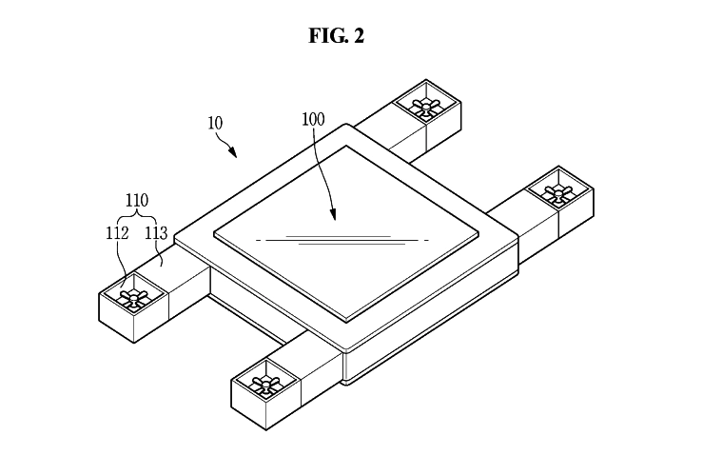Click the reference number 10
point(216,124)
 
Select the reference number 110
point(138,201)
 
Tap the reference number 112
point(119,231)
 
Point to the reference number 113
point(157,231)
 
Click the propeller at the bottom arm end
point(264,385)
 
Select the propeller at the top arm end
point(425,105)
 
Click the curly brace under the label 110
point(138,216)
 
